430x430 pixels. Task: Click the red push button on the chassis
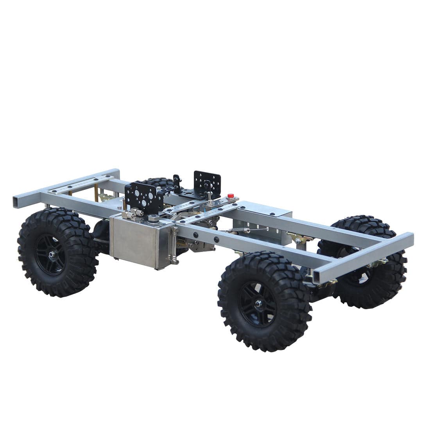coord(231,195)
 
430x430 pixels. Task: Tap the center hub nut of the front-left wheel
coord(51,254)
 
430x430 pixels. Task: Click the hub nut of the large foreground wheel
coord(258,303)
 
